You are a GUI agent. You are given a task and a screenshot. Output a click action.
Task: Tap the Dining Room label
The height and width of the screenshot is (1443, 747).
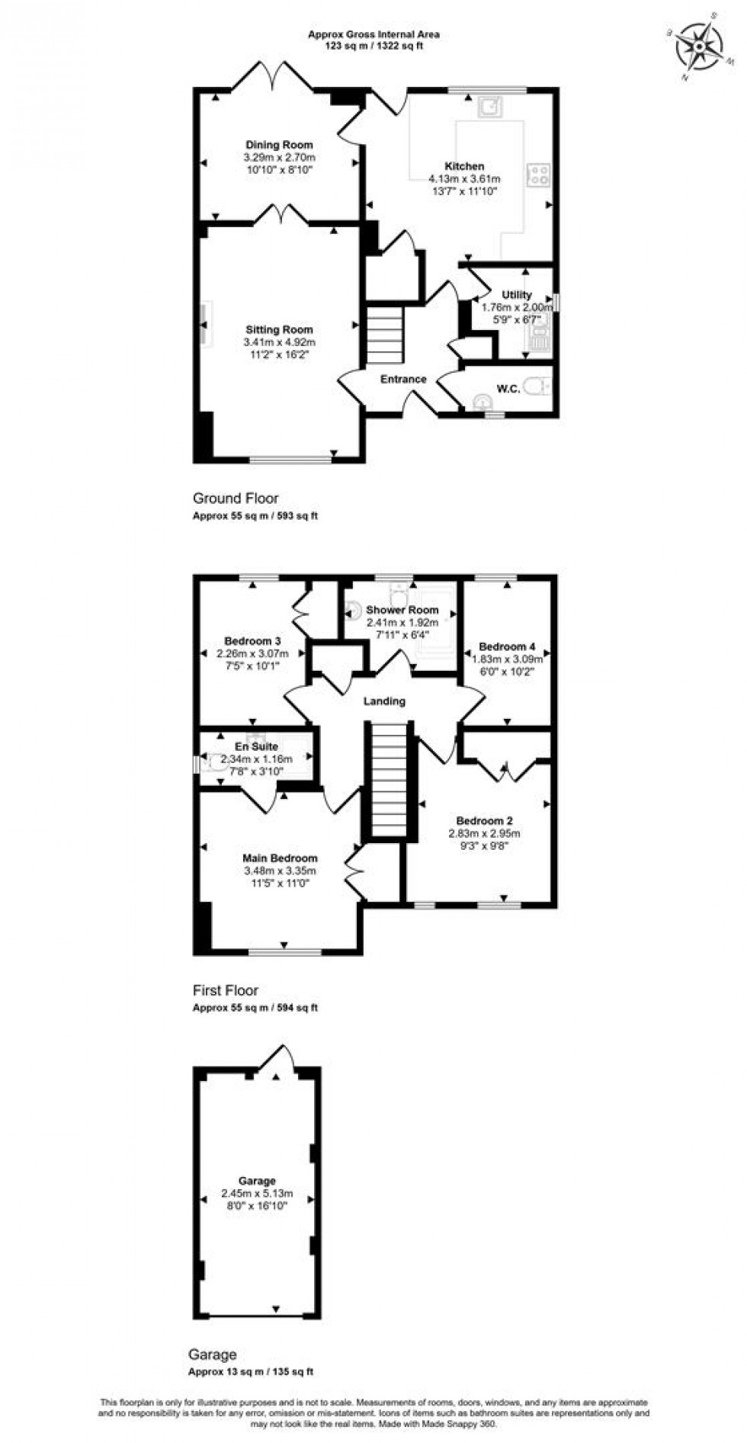click(279, 145)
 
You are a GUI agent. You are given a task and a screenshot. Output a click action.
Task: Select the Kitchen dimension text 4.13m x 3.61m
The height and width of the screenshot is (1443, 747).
click(464, 180)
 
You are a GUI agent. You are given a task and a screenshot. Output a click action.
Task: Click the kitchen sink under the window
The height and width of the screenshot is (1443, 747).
click(489, 107)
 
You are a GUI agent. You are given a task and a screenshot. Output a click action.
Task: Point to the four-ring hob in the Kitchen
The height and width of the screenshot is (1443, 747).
click(538, 175)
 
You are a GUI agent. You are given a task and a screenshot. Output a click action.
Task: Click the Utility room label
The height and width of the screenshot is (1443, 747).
click(517, 295)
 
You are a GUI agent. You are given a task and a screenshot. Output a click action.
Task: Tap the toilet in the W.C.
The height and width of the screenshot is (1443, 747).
click(541, 388)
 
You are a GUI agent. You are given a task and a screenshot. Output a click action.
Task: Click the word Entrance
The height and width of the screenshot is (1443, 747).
click(403, 379)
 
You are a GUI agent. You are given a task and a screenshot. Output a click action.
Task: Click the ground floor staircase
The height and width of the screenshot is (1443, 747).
click(384, 335)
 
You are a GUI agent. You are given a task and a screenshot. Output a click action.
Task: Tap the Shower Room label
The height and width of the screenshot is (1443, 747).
click(402, 610)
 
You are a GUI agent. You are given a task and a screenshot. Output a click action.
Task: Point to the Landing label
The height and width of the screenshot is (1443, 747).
click(385, 701)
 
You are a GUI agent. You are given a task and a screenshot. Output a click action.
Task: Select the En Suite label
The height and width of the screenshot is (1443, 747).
click(256, 747)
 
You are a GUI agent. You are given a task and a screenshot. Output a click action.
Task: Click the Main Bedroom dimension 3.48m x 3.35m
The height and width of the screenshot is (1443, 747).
click(280, 871)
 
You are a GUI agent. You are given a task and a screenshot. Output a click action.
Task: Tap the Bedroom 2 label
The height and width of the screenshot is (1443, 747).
click(484, 821)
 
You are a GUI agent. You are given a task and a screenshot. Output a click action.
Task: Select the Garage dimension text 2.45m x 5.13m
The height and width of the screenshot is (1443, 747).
click(257, 1194)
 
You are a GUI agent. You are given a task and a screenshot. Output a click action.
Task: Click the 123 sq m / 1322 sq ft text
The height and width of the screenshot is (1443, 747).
click(373, 46)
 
